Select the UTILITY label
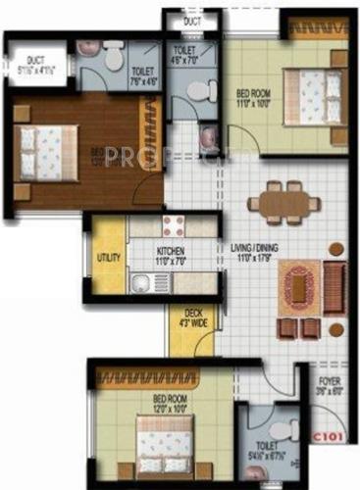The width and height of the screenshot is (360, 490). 109,258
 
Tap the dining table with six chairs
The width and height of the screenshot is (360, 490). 283,203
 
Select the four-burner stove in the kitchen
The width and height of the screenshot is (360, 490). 175,224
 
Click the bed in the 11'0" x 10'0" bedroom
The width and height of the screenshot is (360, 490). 312,96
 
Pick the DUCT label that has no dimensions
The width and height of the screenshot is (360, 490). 192,21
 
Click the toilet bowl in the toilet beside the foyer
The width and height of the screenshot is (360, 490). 279,432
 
